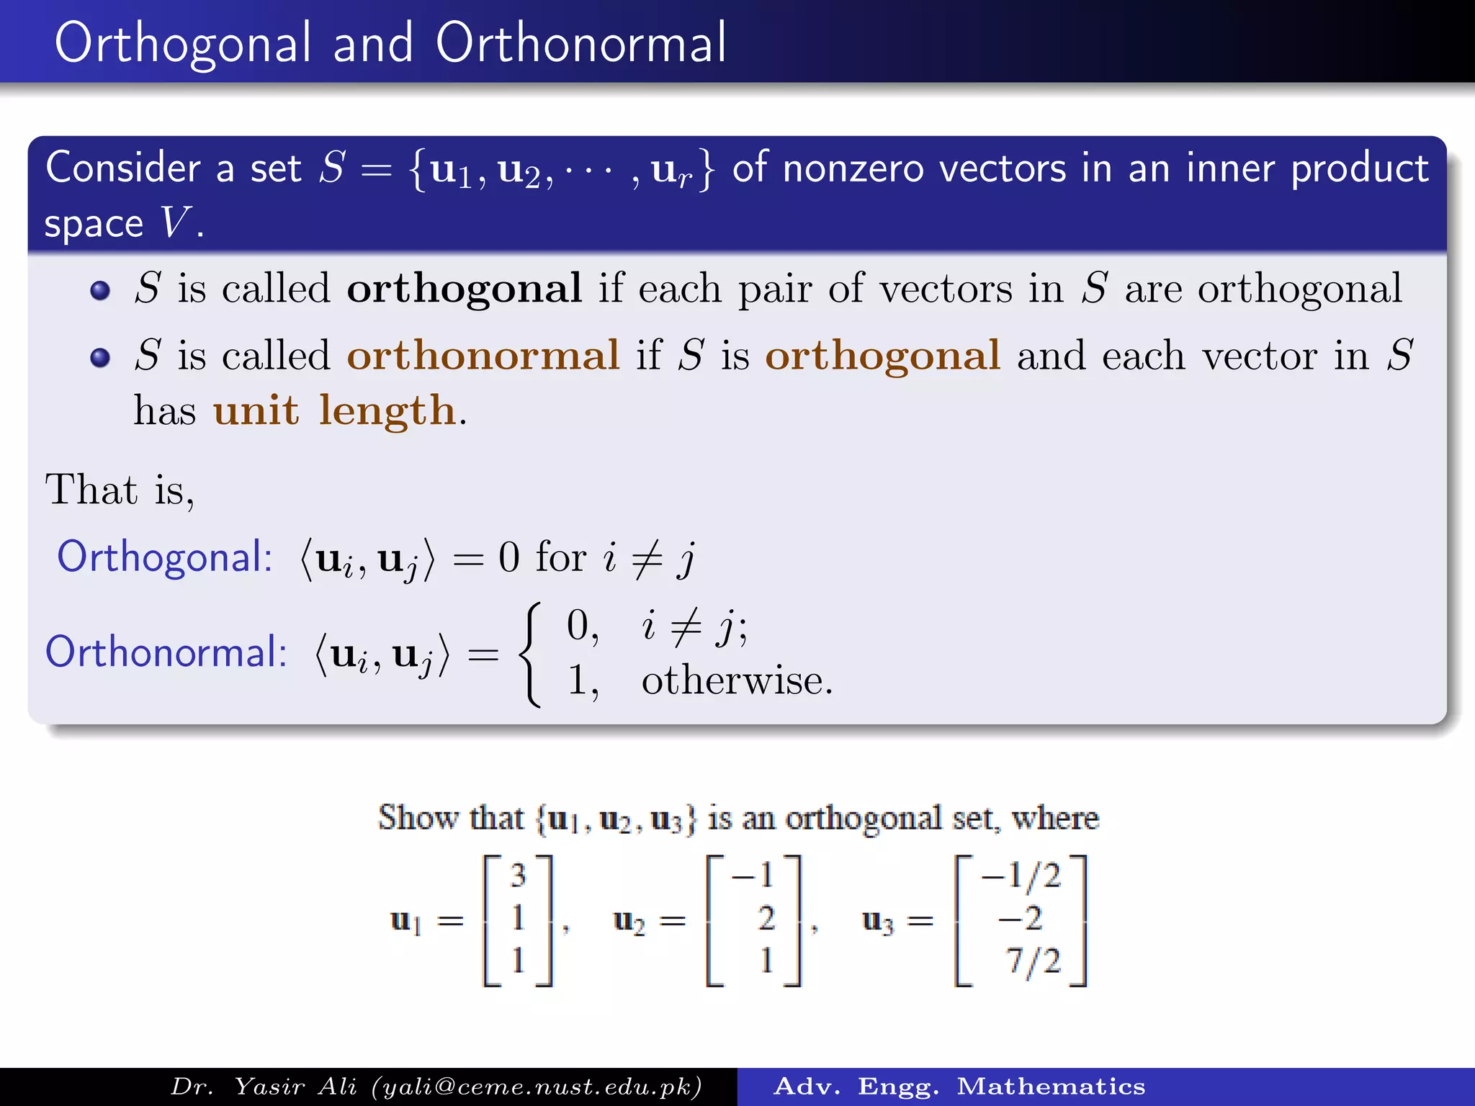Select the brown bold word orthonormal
pos(483,356)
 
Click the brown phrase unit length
pos(335,411)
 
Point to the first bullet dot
pos(100,290)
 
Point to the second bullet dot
pos(100,357)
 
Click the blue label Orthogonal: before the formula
pos(164,557)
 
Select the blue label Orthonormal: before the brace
pos(166,652)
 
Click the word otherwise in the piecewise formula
pos(736,680)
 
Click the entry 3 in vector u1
pos(518,876)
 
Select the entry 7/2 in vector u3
pos(1033,961)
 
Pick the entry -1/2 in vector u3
pos(1021,876)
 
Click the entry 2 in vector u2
pos(766,918)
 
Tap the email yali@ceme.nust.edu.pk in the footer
pos(537,1087)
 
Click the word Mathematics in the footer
pos(1051,1087)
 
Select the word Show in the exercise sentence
pos(418,818)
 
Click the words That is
pos(119,490)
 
